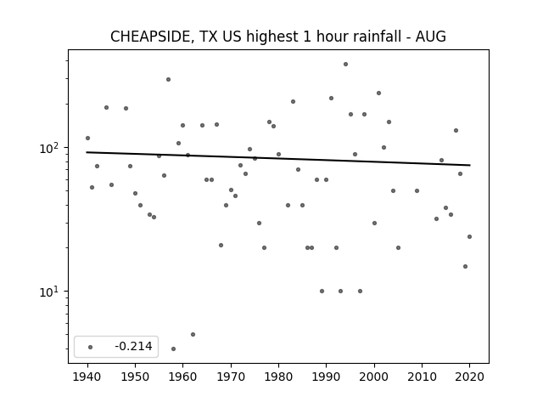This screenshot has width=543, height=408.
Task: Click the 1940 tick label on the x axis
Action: point(87,377)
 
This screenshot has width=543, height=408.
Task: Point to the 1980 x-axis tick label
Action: point(278,377)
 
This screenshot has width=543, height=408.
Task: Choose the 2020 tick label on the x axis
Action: point(469,377)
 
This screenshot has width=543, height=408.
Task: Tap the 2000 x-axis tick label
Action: point(374,377)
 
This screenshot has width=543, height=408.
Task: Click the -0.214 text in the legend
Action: point(134,346)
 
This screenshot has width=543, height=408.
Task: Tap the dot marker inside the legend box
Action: point(91,347)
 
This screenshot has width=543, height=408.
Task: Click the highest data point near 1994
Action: point(345,65)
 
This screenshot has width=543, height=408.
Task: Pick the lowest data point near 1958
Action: point(173,348)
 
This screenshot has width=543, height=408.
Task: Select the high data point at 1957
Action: point(168,79)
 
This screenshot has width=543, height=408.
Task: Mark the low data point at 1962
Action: point(193,334)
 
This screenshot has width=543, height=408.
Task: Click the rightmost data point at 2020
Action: point(469,236)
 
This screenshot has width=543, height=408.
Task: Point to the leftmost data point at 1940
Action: point(87,138)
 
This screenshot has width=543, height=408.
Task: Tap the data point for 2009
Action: point(417,190)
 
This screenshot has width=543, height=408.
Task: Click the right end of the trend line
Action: point(470,165)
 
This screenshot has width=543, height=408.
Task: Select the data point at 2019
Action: point(465,266)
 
